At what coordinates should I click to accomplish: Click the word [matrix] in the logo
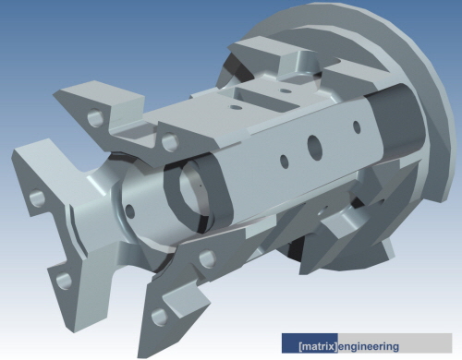(318, 347)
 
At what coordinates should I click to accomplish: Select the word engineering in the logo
(370, 347)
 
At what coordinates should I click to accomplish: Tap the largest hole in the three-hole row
(313, 145)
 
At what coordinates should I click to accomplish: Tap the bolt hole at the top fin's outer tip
(93, 118)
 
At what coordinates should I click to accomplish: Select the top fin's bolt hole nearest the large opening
(169, 141)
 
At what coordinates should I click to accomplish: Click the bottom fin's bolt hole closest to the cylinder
(206, 258)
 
